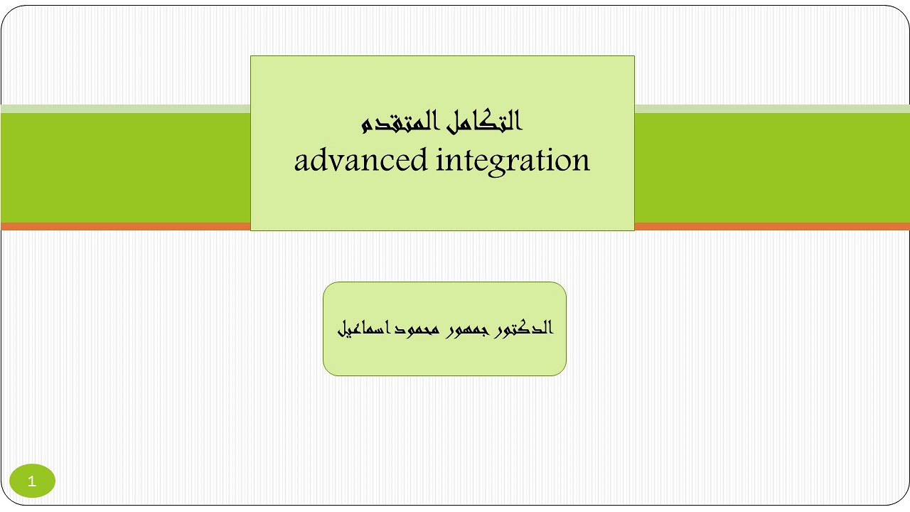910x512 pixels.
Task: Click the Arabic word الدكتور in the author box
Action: click(x=523, y=329)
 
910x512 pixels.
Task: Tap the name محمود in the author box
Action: click(x=409, y=329)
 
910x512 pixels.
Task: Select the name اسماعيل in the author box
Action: click(x=359, y=329)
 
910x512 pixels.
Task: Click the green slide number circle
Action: click(x=32, y=481)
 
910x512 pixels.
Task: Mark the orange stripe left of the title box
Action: click(x=125, y=226)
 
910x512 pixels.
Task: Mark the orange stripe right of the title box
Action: click(x=771, y=226)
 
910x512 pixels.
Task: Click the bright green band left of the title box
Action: click(x=125, y=168)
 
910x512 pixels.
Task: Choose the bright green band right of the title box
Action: click(x=771, y=168)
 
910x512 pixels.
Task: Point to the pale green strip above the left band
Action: click(x=125, y=109)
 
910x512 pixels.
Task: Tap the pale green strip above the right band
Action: click(x=771, y=109)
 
